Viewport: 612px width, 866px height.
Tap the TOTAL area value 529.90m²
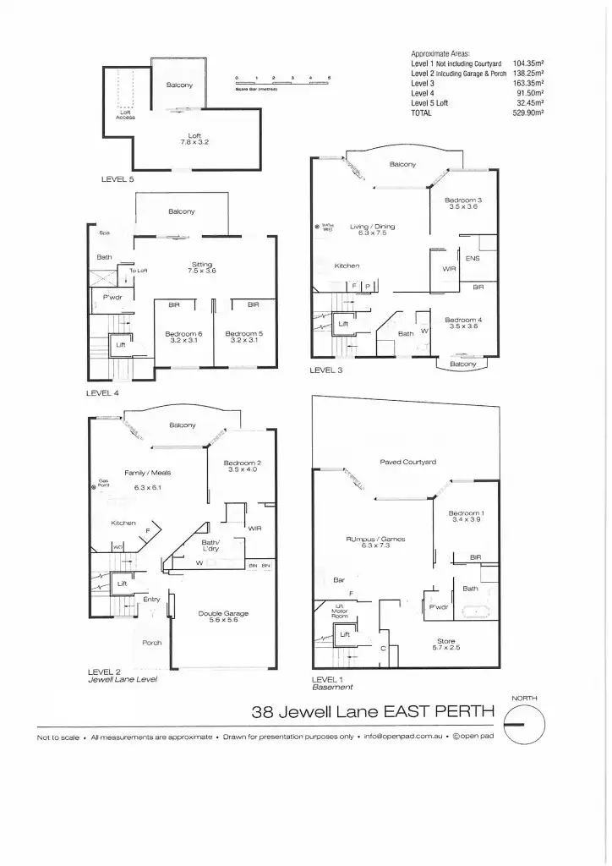[x=527, y=112]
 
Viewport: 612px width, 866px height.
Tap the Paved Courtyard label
[x=407, y=462]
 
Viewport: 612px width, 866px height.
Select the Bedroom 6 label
[x=183, y=336]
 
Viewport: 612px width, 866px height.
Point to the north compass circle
[x=524, y=726]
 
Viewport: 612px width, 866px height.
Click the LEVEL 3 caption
[x=327, y=370]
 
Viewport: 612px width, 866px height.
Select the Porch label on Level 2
[x=152, y=643]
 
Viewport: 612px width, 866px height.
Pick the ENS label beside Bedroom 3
[x=473, y=258]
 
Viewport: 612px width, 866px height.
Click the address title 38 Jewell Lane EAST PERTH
[x=373, y=712]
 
